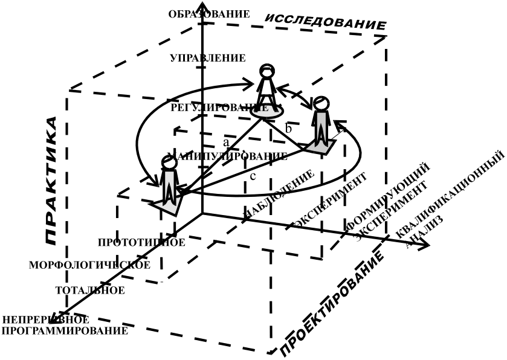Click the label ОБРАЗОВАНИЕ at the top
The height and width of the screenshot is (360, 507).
209,14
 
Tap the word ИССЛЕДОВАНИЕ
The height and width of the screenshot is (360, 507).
326,22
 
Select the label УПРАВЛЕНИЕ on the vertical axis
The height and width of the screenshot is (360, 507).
208,58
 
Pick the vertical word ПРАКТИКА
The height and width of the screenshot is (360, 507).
53,180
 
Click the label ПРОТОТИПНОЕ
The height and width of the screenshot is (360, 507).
141,242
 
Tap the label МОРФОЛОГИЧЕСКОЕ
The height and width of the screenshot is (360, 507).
89,265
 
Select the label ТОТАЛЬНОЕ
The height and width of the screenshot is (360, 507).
90,290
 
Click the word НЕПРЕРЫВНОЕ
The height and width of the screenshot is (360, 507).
46,320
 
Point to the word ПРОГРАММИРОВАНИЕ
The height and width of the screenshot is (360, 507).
65,330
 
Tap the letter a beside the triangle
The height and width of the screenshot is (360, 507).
226,143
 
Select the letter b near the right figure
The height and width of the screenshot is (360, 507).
289,128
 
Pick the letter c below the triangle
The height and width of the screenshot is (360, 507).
253,176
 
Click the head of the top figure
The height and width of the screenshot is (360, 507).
266,71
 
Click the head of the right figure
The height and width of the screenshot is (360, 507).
321,103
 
